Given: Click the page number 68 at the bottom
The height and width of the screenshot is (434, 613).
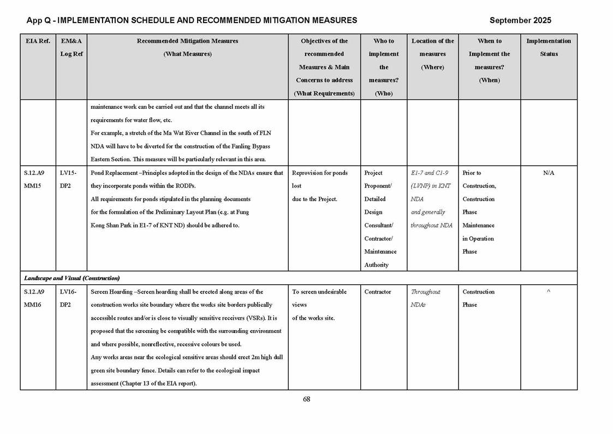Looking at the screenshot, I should pos(306,399).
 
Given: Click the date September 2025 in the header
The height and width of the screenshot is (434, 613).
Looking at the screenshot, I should pos(520,20).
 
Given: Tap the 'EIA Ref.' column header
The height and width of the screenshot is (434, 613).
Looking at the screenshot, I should pos(38,41).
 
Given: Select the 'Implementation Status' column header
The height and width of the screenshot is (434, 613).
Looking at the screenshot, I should pos(548,47).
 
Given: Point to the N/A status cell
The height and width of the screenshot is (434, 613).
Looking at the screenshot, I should pos(549,173).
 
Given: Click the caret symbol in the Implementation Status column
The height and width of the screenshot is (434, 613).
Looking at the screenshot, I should pos(549,292).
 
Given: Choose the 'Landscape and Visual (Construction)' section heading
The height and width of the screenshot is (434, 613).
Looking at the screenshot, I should pos(72,278).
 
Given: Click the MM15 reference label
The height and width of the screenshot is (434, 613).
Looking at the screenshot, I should pos(33,186).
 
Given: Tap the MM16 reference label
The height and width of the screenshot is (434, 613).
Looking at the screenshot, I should pos(33,305).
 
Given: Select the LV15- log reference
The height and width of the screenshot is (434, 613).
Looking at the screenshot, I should pos(68,173).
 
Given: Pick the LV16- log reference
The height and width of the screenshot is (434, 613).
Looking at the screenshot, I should pos(68,292).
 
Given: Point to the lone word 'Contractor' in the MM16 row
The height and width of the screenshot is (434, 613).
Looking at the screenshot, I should pos(378,292).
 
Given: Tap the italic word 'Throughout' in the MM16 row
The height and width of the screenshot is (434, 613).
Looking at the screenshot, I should pos(425,292).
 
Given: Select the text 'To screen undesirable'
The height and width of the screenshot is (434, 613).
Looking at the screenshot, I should pos(319,292).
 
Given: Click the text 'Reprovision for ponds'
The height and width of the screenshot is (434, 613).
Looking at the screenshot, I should pos(320,173).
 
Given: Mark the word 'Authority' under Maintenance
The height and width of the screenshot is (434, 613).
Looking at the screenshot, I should pos(377,265).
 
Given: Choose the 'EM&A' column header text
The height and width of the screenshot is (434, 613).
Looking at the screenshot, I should pos(72,41).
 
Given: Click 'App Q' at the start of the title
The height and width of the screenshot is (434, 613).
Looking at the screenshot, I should pos(39,20).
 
